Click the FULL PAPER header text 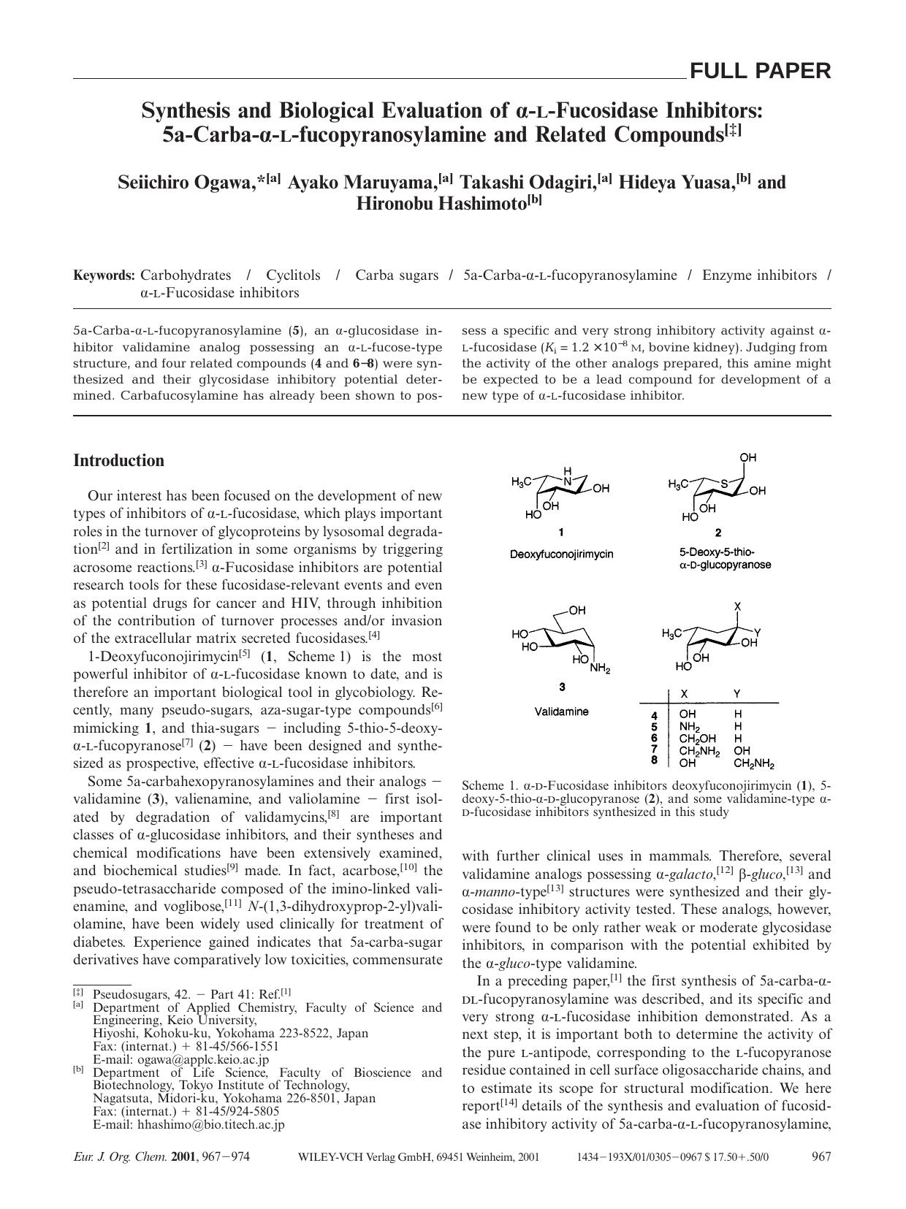click(x=760, y=71)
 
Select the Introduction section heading click(x=118, y=461)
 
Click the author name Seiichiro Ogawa click(x=186, y=182)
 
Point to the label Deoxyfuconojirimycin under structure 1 click(x=561, y=554)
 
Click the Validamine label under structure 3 click(x=561, y=711)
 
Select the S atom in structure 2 click(x=723, y=483)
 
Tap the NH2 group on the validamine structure click(x=600, y=668)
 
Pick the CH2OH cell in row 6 click(x=697, y=739)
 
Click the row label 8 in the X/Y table click(x=655, y=760)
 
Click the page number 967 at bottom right click(x=821, y=1156)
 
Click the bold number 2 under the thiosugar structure click(x=717, y=533)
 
